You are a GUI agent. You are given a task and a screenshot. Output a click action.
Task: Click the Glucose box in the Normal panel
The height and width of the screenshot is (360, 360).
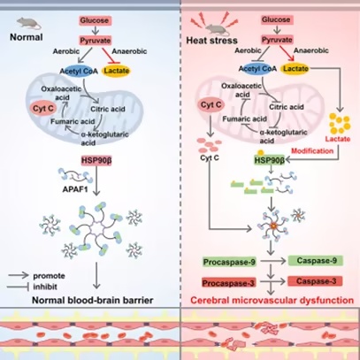click(95, 20)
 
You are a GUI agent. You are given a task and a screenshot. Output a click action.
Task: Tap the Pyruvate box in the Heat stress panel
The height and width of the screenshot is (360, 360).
click(277, 40)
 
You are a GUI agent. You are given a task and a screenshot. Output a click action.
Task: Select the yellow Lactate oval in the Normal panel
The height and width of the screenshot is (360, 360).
click(117, 71)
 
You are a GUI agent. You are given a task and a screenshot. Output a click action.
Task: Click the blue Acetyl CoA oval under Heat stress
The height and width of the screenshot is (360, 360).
click(257, 69)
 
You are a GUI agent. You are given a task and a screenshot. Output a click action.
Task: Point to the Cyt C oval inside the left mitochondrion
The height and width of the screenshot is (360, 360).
click(43, 109)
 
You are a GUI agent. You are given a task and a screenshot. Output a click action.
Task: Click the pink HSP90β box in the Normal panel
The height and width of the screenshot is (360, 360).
click(96, 161)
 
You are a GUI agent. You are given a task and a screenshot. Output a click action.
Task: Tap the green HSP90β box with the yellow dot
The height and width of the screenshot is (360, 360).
click(269, 159)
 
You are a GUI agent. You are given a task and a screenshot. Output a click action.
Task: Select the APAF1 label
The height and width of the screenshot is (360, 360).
click(75, 189)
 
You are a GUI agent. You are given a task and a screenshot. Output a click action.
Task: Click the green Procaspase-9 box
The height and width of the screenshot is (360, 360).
click(229, 262)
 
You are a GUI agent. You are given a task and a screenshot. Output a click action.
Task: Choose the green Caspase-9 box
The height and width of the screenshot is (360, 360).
click(316, 261)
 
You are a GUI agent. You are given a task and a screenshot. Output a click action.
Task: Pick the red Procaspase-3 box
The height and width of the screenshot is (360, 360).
click(228, 283)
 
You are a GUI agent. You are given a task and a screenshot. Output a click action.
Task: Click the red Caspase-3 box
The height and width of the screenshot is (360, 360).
click(316, 281)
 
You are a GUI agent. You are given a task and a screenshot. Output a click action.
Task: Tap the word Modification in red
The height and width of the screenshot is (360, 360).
click(312, 151)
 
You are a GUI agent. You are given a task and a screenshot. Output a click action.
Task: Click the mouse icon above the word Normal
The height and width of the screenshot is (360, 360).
click(28, 23)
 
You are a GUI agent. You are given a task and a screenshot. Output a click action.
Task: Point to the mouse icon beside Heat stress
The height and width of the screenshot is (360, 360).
click(217, 29)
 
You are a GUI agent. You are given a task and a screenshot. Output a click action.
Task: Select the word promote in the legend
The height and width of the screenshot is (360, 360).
click(49, 276)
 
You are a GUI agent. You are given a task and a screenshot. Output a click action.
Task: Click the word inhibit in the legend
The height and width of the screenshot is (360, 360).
click(45, 287)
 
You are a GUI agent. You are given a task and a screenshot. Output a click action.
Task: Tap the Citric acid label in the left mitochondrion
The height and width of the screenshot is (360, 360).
click(108, 109)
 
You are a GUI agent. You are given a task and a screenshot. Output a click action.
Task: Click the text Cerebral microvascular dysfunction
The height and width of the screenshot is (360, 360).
click(272, 301)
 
